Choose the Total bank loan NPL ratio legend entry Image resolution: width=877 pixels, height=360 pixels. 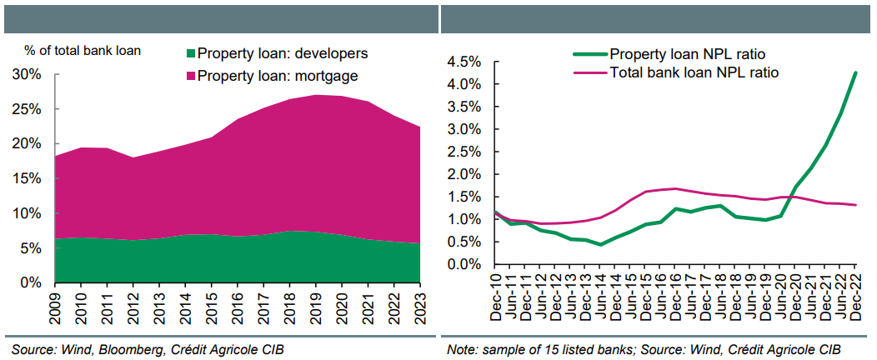pos(694,72)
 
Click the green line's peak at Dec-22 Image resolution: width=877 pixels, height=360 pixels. pos(856,72)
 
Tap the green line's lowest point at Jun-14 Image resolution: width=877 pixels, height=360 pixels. pos(600,244)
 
